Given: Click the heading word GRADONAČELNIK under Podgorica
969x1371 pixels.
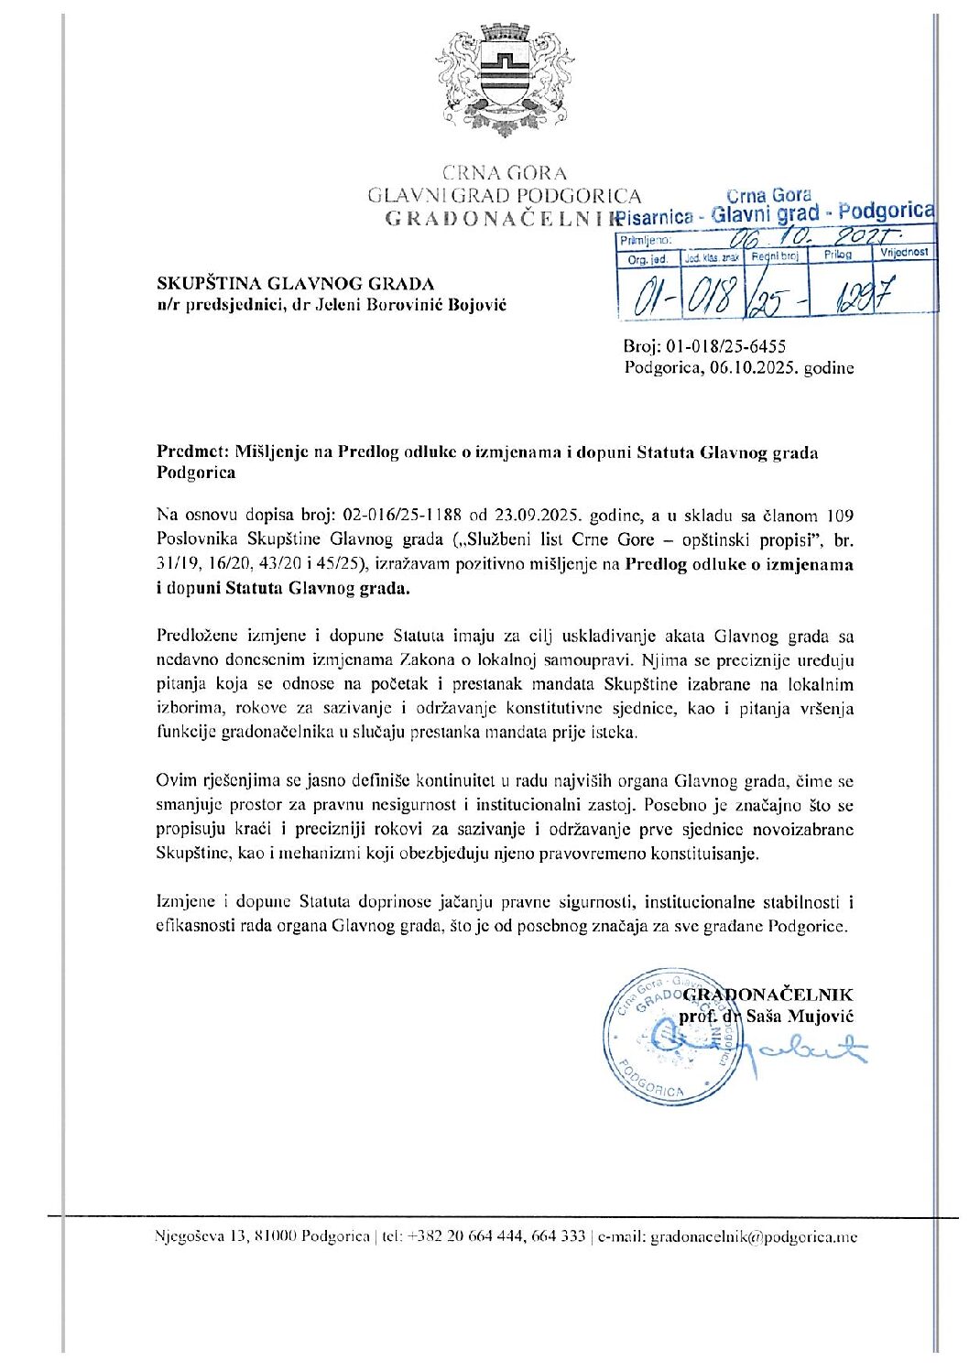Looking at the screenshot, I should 501,218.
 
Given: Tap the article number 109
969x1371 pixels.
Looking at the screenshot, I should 840,516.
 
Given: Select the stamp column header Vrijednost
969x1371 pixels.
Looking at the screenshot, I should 904,252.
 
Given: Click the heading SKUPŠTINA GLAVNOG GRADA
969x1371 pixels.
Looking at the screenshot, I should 296,283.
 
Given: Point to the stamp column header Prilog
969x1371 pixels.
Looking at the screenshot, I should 837,255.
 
